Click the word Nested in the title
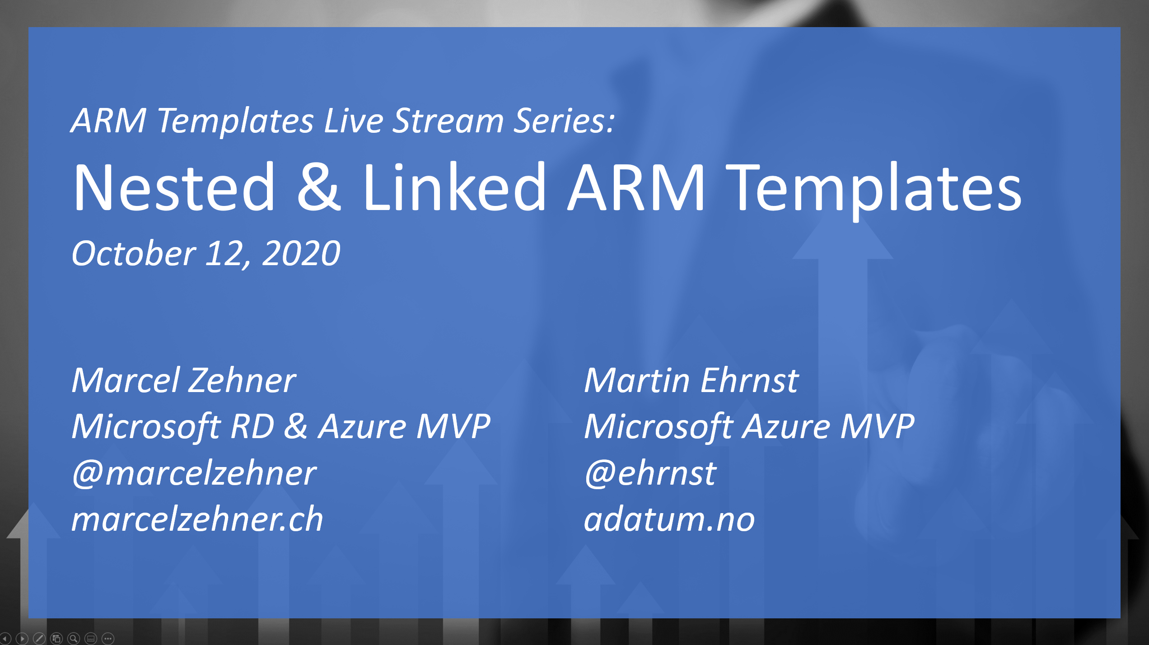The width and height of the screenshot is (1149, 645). [x=174, y=187]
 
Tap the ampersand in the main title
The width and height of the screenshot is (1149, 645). [x=318, y=187]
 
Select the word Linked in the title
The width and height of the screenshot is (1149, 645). [x=454, y=187]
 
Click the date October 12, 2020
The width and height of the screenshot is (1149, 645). [x=206, y=254]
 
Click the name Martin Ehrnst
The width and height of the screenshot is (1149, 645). [x=691, y=381]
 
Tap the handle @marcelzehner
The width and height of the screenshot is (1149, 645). [x=194, y=473]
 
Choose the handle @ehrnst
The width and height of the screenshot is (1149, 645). [x=650, y=473]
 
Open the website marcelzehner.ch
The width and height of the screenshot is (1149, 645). [x=197, y=519]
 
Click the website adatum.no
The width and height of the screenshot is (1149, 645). [x=669, y=519]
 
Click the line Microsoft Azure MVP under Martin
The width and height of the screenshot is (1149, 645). [x=749, y=427]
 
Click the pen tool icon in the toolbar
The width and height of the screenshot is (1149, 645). [x=39, y=638]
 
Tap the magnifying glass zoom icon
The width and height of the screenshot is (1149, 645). [x=74, y=638]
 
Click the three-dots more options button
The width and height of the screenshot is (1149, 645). [x=108, y=638]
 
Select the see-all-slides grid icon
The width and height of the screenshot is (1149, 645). [x=56, y=638]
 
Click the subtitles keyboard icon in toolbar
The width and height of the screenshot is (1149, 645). [x=91, y=638]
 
